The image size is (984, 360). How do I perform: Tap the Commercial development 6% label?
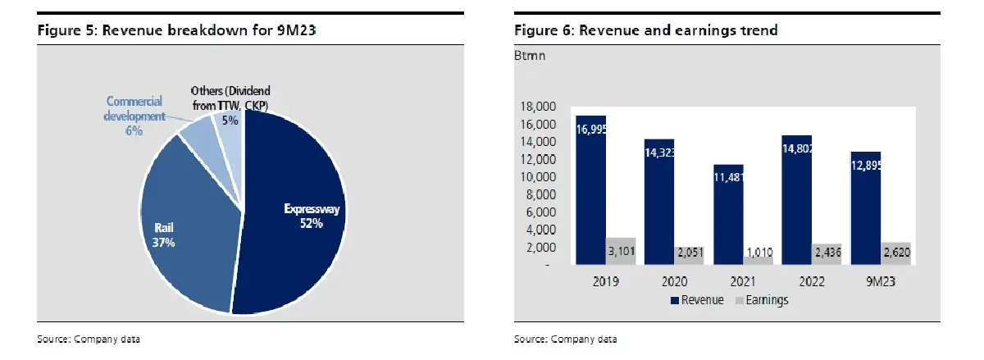click(x=134, y=116)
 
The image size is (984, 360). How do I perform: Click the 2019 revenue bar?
click(x=590, y=189)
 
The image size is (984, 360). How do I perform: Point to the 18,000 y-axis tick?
click(x=540, y=107)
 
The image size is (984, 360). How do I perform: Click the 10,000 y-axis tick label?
click(x=540, y=177)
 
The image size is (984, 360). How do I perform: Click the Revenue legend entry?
click(x=697, y=300)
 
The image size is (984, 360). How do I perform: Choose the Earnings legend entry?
click(x=762, y=300)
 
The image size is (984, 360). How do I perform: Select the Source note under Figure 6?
click(x=565, y=339)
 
